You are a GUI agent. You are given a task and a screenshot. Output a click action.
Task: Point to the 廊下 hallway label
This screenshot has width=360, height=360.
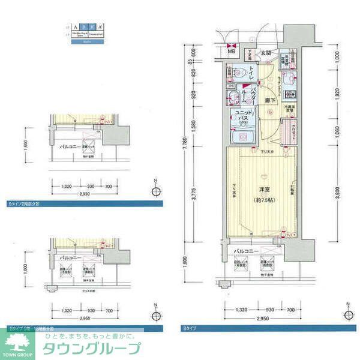(x=271, y=100)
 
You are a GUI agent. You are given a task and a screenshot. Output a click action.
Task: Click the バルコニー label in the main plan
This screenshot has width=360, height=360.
(x=247, y=250)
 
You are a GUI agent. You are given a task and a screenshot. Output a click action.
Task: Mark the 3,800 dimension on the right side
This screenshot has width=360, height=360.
(x=339, y=192)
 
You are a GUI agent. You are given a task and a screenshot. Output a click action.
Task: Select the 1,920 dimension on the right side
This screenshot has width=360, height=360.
(x=339, y=94)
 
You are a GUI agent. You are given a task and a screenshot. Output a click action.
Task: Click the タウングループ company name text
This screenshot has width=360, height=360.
(x=90, y=348)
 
